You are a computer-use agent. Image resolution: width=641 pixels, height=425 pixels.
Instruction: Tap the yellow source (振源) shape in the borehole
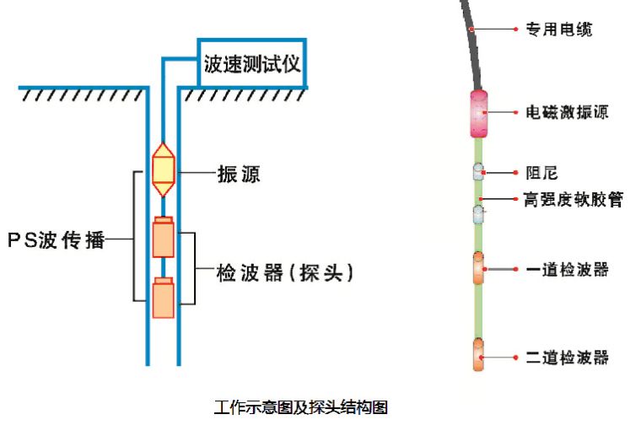click(163, 169)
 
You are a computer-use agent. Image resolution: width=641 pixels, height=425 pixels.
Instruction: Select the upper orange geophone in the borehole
click(163, 238)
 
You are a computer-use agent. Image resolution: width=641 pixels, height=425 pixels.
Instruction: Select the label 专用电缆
click(558, 29)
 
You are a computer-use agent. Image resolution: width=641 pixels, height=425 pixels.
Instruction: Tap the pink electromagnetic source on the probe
click(478, 112)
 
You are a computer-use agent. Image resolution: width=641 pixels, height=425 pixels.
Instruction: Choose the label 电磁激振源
click(567, 111)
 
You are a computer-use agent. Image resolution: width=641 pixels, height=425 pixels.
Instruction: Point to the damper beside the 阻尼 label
click(478, 172)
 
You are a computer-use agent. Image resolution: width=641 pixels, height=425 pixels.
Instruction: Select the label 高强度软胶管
click(573, 200)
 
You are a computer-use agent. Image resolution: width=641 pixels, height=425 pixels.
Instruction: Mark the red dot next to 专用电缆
click(515, 29)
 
